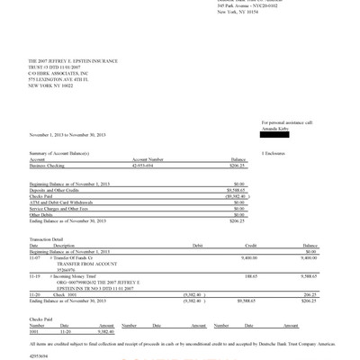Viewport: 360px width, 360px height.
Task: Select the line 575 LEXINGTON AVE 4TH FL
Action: [59, 81]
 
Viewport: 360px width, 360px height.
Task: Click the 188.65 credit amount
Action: [250, 275]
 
